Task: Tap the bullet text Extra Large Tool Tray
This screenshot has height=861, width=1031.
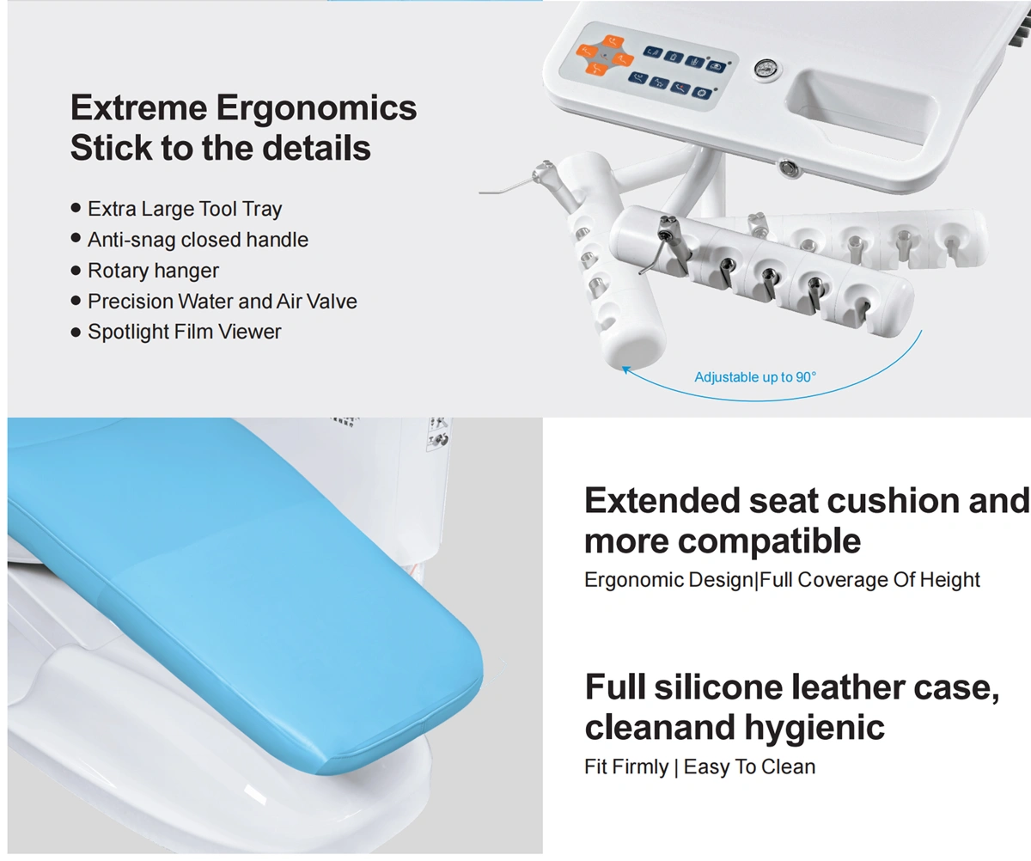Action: click(185, 209)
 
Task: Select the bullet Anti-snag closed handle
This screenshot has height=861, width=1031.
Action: click(198, 240)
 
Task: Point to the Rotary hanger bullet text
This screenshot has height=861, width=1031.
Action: click(153, 272)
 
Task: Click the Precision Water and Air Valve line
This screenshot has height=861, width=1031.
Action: click(223, 302)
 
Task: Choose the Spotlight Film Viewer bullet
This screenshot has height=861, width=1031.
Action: click(184, 332)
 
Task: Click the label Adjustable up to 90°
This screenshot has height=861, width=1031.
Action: click(755, 377)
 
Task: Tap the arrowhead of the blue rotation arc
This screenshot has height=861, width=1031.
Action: click(625, 369)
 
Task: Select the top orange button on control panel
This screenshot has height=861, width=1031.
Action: click(613, 42)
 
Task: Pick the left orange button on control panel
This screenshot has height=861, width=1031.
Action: click(587, 51)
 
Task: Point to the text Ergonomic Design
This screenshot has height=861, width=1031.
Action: click(668, 580)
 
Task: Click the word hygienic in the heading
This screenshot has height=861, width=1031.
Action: click(814, 728)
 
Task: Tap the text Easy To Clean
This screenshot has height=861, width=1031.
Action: click(749, 767)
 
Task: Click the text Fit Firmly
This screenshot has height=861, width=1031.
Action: click(626, 767)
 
